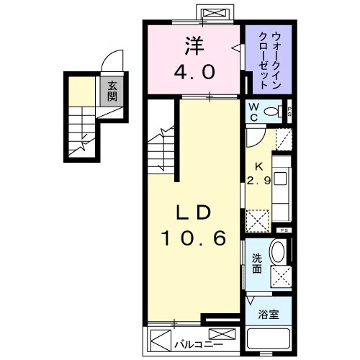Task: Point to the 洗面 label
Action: pyautogui.click(x=257, y=264)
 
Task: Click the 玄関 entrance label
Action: pyautogui.click(x=112, y=91)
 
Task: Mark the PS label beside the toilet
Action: pyautogui.click(x=289, y=112)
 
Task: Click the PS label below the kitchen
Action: pyautogui.click(x=284, y=230)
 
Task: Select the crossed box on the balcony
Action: pyautogui.click(x=225, y=335)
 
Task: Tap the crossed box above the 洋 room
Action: pyautogui.click(x=214, y=13)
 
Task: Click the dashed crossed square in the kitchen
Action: pyautogui.click(x=256, y=218)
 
